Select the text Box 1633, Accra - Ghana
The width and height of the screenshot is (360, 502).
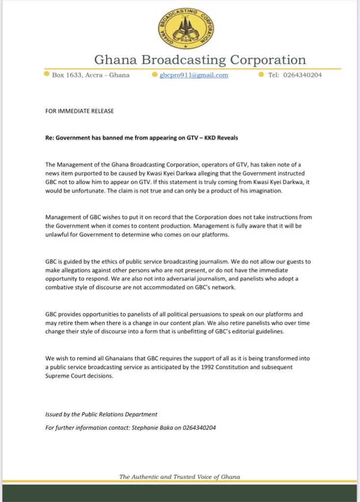coord(91,75)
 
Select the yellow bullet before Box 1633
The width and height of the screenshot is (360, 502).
coord(46,75)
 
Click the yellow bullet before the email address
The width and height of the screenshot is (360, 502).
coord(154,75)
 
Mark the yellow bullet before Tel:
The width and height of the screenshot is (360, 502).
coord(261,75)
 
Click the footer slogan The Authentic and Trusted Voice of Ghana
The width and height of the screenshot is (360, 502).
coord(180,477)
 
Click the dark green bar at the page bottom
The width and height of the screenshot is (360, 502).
coord(180,492)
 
